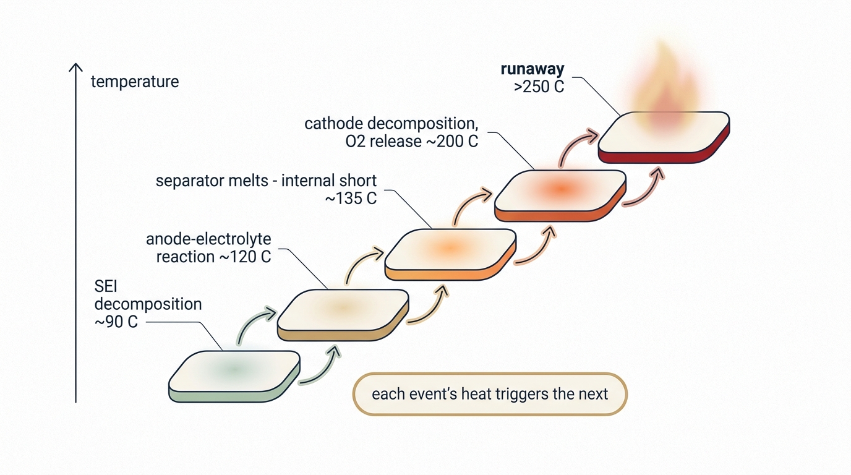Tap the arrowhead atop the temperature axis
coord(75,67)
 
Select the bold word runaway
coord(532,69)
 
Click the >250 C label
coord(539,87)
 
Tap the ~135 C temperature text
coord(351,199)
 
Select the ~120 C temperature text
coord(245,257)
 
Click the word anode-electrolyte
coord(208,239)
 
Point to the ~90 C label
coord(116,322)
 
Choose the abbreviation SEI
coord(106,286)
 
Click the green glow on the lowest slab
coord(233,369)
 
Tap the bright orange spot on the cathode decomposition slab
coord(561,189)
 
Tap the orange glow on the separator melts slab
coord(450,249)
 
